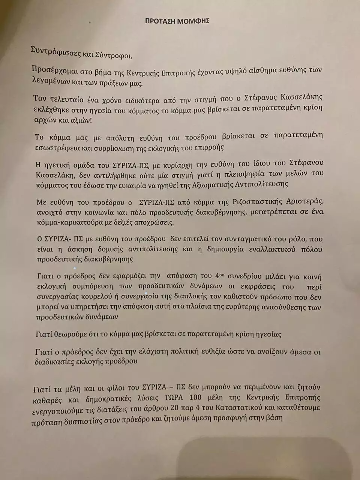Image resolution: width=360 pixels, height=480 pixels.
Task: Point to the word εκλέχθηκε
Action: (x=52, y=111)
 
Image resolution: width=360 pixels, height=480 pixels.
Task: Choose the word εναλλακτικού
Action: (x=272, y=249)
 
